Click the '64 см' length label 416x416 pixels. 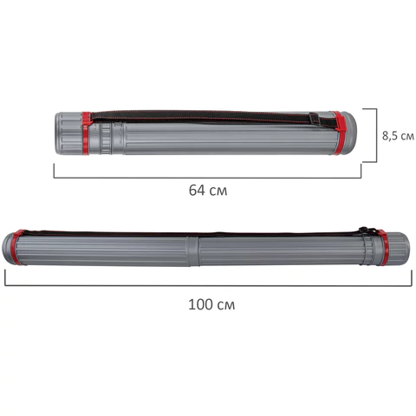point(208,191)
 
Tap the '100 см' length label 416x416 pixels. point(211,304)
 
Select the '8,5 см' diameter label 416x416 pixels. point(398,135)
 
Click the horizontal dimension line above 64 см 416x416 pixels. point(207,178)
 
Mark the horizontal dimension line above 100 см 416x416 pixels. point(208,286)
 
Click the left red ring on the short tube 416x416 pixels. point(86,133)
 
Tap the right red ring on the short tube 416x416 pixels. point(337,133)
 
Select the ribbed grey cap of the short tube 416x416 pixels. point(68,133)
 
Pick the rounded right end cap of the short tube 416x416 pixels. point(349,133)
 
